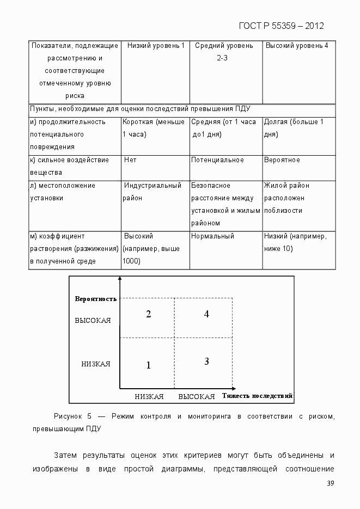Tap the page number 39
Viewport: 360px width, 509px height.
tap(330, 484)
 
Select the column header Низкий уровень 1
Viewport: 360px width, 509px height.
tap(155, 46)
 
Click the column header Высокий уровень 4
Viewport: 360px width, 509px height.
tap(297, 46)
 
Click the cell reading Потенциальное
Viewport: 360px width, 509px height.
tap(217, 160)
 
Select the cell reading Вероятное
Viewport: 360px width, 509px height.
tap(282, 160)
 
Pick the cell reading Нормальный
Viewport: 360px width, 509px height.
tap(212, 236)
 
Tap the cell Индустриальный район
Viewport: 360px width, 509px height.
tap(152, 192)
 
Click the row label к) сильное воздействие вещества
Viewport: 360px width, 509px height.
tap(69, 166)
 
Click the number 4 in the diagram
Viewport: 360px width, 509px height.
tap(206, 314)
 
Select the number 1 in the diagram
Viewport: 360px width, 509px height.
tap(148, 365)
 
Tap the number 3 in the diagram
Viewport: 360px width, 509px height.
tap(206, 361)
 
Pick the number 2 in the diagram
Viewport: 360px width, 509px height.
tap(148, 314)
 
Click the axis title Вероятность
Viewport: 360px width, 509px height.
tap(96, 298)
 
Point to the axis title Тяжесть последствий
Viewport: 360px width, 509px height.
tap(258, 396)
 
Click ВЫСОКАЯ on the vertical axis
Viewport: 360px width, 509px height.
tap(93, 321)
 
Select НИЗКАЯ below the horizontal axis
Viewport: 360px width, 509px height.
tap(149, 396)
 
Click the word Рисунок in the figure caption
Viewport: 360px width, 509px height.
tap(68, 416)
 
